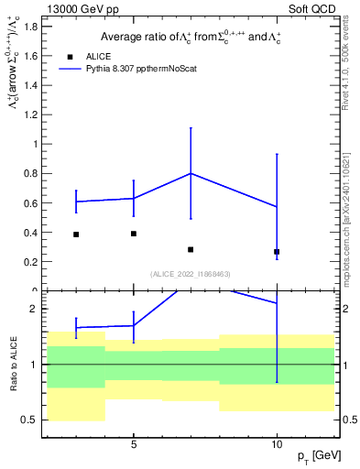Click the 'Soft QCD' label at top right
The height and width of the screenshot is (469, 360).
point(311,8)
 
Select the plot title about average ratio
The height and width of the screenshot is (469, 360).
point(189,37)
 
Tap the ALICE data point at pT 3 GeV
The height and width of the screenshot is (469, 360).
point(76,234)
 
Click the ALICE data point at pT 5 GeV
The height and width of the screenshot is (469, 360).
point(134,234)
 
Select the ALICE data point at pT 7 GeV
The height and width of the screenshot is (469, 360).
point(191,249)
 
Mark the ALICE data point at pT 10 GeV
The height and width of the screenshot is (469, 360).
point(277,252)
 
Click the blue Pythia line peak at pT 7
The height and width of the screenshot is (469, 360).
point(191,173)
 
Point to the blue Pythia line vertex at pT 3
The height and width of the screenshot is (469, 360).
point(76,202)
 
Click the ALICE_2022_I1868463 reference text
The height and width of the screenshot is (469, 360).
point(189,274)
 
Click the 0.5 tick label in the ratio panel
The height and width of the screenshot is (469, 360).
point(31,420)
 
